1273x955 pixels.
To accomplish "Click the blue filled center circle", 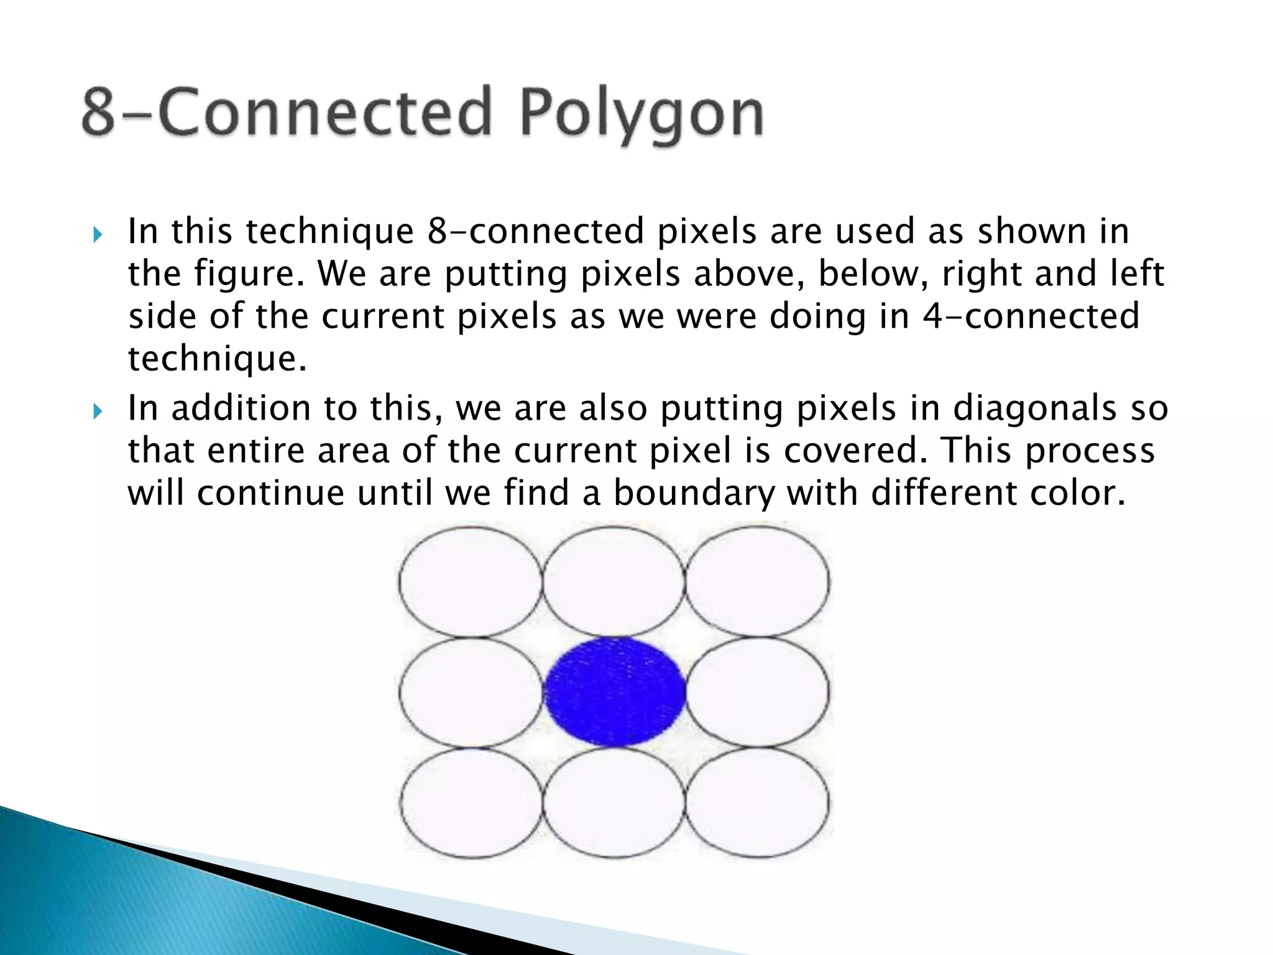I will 615,691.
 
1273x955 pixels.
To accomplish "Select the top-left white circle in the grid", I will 471,582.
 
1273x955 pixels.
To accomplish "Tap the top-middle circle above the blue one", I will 614,582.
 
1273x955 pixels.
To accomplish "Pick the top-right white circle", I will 757,582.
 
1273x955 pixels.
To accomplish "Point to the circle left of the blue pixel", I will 471,691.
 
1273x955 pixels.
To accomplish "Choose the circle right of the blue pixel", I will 757,691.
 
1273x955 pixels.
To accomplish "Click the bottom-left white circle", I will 471,802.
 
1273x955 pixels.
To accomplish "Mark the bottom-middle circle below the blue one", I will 614,802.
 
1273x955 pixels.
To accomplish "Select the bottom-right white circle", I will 757,802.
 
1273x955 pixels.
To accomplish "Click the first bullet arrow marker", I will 97,235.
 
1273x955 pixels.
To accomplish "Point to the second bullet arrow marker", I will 97,412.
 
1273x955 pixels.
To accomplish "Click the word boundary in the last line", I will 694,492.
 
